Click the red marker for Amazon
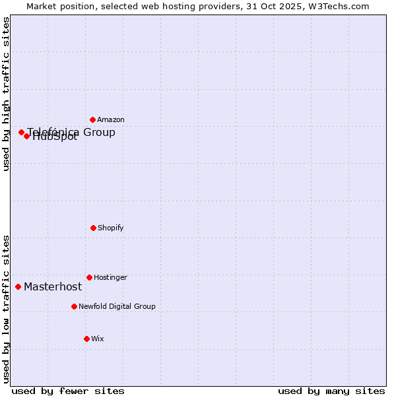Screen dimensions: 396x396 click(x=92, y=119)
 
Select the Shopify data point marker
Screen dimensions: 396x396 click(x=93, y=228)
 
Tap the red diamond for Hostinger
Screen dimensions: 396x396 click(x=89, y=277)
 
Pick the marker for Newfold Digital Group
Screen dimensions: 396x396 click(x=74, y=306)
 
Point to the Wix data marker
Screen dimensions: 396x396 click(x=86, y=339)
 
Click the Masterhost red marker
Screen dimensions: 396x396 click(x=18, y=286)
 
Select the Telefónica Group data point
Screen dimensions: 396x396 click(x=21, y=132)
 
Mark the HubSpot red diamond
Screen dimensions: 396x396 click(x=27, y=136)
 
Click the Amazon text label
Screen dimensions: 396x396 click(x=111, y=119)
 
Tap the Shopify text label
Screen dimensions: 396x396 click(x=111, y=228)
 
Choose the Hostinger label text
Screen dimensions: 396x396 click(x=110, y=277)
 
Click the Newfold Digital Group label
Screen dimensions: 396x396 click(x=117, y=306)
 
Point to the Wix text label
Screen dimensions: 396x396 click(x=98, y=339)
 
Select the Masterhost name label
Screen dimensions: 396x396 click(x=53, y=286)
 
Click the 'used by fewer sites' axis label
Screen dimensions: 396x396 click(x=68, y=391)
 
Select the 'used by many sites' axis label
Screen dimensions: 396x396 click(x=331, y=391)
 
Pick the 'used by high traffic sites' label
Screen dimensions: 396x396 click(x=6, y=94)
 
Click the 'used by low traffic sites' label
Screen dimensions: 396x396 click(x=6, y=309)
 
